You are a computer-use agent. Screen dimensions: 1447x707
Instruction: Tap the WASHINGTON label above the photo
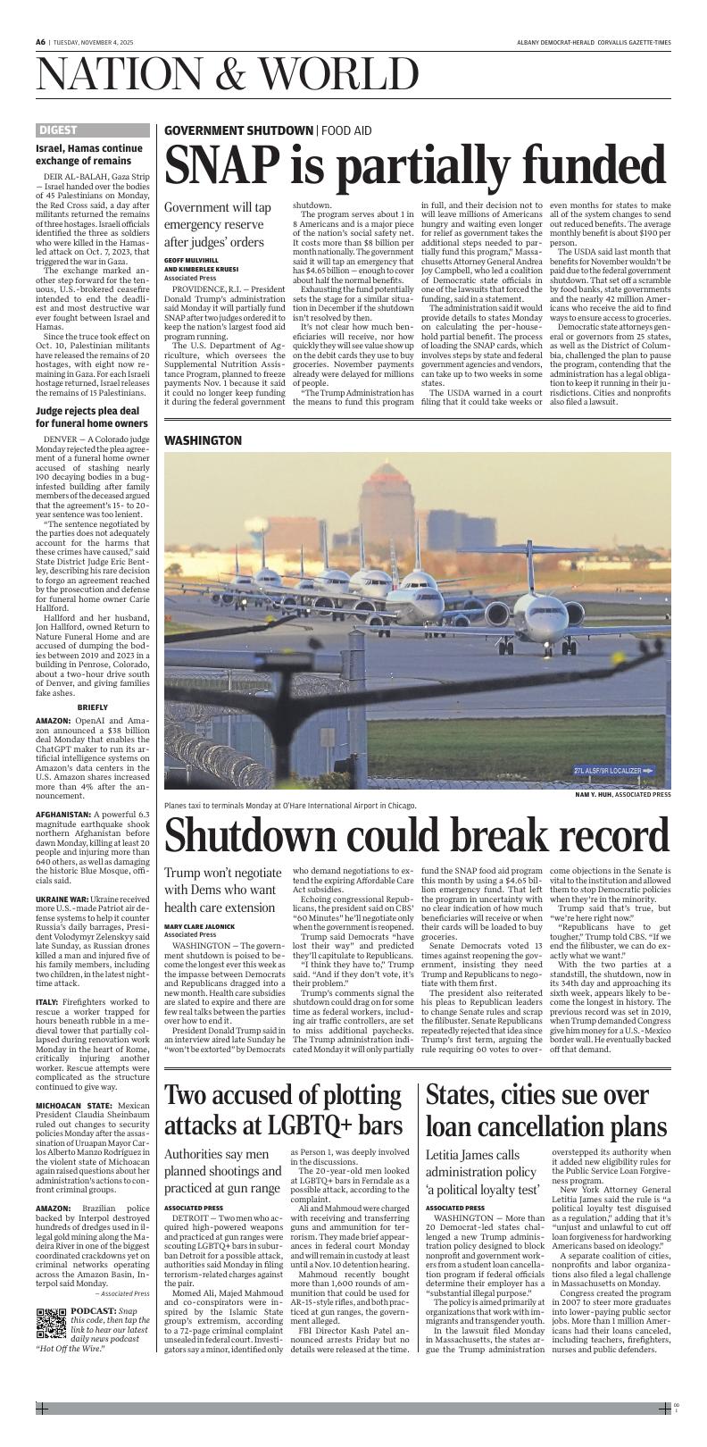tap(203, 441)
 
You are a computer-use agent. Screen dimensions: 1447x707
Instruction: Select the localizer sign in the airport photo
tap(615, 771)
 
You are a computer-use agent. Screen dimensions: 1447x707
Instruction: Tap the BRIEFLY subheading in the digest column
tap(91, 707)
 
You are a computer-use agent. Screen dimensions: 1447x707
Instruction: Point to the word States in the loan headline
tap(465, 1095)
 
